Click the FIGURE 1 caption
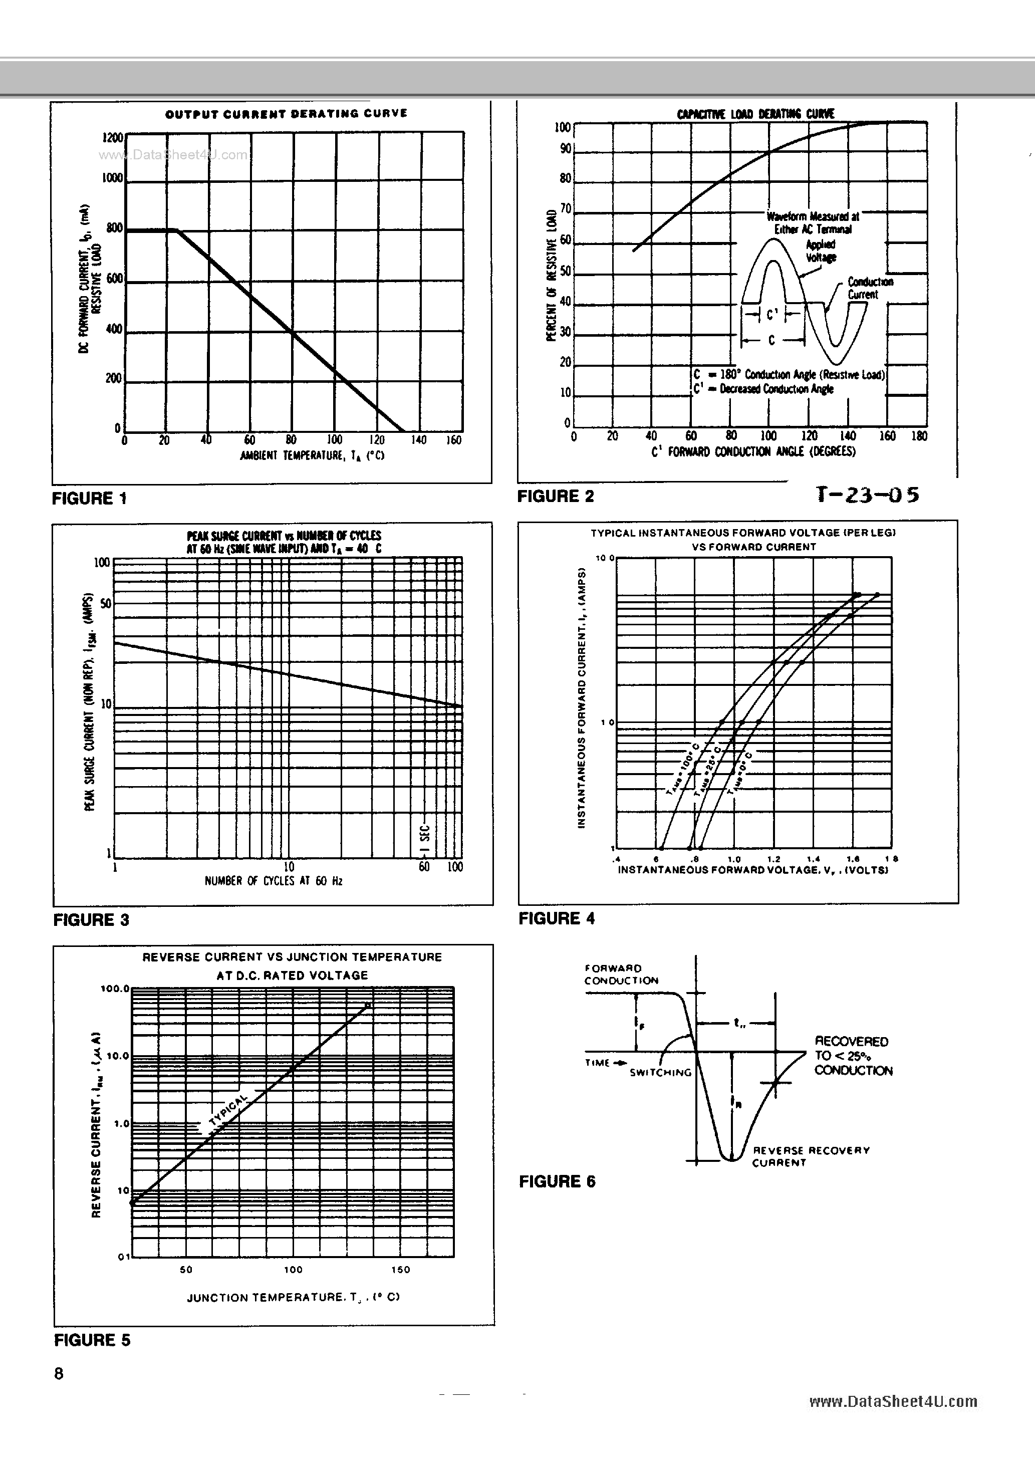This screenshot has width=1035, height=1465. pos(89,499)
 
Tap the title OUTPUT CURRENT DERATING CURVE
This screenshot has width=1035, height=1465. pos(286,114)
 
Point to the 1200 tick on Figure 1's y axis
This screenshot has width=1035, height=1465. pos(112,138)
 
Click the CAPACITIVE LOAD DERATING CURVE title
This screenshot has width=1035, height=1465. pos(755,114)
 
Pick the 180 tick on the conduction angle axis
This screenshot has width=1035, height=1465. pos(919,436)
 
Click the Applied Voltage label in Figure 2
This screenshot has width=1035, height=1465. pos(821,251)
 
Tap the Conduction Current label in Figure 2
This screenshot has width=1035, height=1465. pos(870,288)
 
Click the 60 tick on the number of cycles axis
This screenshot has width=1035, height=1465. pos(424,866)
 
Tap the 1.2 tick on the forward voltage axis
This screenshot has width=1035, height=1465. pos(773,859)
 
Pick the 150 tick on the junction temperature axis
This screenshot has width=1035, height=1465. pos(400,1269)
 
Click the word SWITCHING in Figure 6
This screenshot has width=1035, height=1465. pos(660,1073)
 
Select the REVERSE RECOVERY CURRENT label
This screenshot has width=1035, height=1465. pos(811,1156)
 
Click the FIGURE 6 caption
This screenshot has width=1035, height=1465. pos(557,1181)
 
